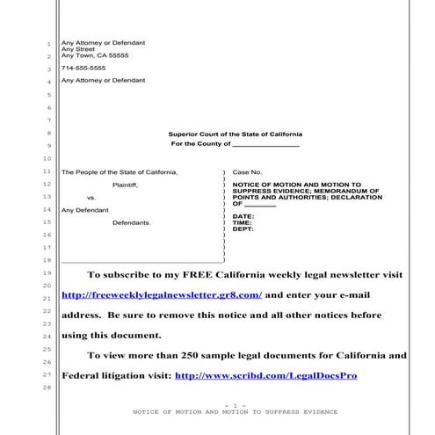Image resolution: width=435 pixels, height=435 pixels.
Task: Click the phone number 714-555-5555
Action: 83,68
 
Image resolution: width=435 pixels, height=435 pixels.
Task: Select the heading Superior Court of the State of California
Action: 235,134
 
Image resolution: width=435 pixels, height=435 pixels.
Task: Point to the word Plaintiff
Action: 125,185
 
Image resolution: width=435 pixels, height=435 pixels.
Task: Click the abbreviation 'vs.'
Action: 91,198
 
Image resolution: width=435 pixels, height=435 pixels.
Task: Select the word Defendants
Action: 131,222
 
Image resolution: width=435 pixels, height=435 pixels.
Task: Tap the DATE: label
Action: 243,216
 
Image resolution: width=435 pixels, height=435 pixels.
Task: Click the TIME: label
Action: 242,222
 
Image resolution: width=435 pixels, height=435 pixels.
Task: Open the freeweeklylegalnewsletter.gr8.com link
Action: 162,295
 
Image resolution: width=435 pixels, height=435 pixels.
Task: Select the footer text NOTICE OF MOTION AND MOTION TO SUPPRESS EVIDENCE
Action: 235,411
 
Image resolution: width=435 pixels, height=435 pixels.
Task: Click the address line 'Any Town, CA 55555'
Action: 94,55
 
